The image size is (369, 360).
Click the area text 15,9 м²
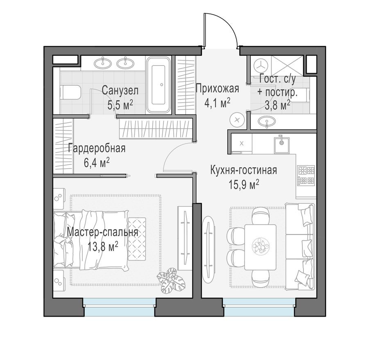click(x=244, y=184)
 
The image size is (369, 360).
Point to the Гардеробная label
click(x=97, y=148)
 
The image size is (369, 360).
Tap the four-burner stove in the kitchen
click(x=306, y=175)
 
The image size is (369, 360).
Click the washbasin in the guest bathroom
click(x=268, y=121)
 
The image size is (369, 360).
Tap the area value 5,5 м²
click(x=120, y=105)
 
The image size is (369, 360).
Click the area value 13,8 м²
click(x=102, y=247)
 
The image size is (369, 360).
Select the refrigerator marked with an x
click(x=242, y=143)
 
